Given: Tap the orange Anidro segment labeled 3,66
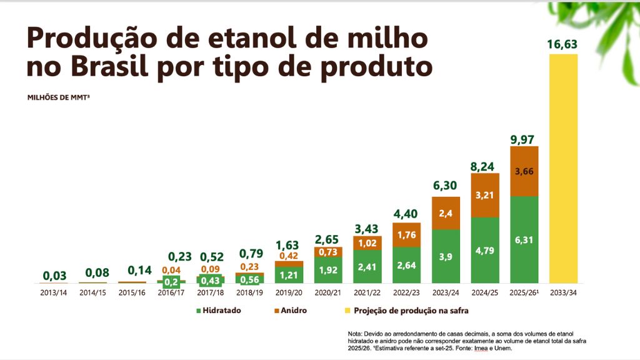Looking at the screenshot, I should point(524,171).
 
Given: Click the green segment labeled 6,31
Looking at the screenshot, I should point(524,240).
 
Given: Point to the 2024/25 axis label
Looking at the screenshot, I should point(484,292).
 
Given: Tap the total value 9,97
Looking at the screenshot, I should point(523,139).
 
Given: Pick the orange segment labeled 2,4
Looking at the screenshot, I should point(446,213).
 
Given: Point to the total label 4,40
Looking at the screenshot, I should point(406,213).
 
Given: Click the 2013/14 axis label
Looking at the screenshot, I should point(54,292).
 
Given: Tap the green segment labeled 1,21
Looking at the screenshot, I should point(289,275).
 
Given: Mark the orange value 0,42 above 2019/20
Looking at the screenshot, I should point(289,255).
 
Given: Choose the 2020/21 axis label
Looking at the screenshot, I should point(328,292).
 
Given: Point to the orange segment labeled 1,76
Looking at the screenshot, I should point(406,236).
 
